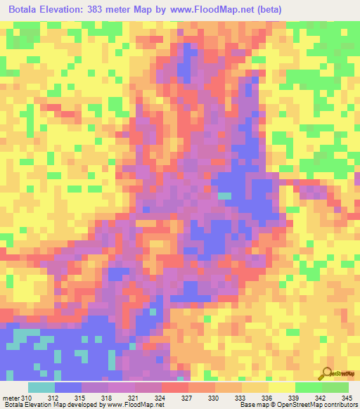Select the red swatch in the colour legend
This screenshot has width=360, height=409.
click(x=174, y=387)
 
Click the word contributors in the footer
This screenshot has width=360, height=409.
click(x=340, y=405)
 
